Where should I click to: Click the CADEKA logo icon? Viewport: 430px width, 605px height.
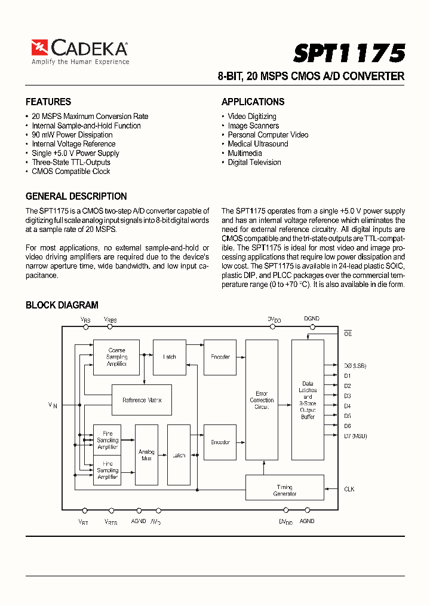click(x=39, y=47)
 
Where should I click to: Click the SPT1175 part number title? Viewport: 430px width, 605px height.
click(x=349, y=53)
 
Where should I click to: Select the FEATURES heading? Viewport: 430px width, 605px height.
click(x=48, y=102)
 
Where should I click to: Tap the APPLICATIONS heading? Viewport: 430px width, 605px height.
click(x=253, y=102)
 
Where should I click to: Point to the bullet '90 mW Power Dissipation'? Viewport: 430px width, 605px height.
click(x=72, y=135)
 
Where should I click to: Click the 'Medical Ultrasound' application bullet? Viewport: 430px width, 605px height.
click(x=257, y=144)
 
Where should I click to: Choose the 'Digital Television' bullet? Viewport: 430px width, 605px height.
click(x=254, y=163)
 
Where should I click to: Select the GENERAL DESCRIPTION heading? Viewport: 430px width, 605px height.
click(x=76, y=196)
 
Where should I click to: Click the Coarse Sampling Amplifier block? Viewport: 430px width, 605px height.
click(x=116, y=357)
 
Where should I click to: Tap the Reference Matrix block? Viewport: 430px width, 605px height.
click(x=142, y=400)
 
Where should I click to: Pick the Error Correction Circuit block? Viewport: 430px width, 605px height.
click(x=262, y=400)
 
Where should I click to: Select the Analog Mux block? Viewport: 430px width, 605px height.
click(x=146, y=455)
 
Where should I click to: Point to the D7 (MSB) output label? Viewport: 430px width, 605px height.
click(x=355, y=436)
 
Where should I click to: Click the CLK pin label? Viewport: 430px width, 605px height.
click(x=349, y=489)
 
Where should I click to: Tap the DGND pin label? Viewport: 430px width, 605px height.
click(x=312, y=319)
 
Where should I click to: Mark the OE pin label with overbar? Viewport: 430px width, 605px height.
click(x=348, y=334)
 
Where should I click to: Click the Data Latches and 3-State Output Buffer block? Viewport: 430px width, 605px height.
click(x=308, y=400)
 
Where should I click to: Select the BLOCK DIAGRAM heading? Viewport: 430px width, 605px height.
click(x=62, y=305)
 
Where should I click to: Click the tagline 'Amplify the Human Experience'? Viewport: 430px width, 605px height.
click(x=80, y=62)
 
